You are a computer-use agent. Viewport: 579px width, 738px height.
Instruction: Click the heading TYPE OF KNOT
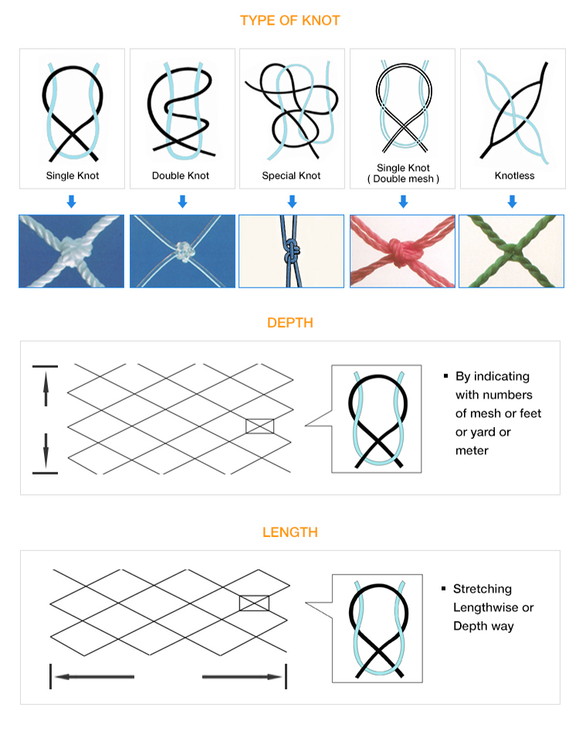[x=289, y=21]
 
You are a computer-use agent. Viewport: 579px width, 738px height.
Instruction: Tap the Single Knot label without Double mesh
[x=73, y=175]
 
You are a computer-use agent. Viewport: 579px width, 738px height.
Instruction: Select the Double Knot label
[x=181, y=175]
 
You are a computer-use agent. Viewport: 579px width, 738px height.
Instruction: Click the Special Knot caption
[x=291, y=175]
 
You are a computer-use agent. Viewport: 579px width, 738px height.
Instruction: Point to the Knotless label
[x=515, y=175]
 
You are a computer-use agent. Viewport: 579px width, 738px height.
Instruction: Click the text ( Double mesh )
[x=403, y=179]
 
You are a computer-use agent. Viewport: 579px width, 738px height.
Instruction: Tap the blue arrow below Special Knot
[x=292, y=202]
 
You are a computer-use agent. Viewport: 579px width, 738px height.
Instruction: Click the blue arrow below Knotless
[x=512, y=202]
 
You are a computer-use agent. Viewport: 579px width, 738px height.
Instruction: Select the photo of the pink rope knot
[x=403, y=251]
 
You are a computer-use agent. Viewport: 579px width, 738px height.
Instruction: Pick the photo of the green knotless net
[x=511, y=251]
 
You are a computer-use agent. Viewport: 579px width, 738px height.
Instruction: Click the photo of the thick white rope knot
[x=72, y=251]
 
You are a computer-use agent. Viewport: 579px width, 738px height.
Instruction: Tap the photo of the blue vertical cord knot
[x=292, y=251]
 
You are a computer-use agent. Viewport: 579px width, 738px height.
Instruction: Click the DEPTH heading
[x=290, y=323]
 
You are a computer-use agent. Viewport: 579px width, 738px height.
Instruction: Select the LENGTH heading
[x=290, y=532]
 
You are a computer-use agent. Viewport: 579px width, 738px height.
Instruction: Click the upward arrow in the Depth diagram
[x=46, y=388]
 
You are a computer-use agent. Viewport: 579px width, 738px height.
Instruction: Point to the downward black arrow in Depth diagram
[x=46, y=451]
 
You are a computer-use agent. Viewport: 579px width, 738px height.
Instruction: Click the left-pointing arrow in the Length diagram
[x=94, y=677]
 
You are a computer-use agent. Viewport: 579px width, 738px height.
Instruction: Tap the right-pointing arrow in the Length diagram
[x=242, y=677]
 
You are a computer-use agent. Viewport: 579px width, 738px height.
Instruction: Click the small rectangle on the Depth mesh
[x=259, y=427]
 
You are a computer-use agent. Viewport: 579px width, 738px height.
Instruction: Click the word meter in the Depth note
[x=472, y=451]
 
